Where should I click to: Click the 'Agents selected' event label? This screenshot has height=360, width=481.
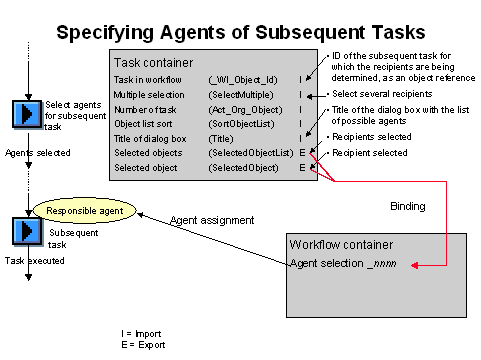pos(31,153)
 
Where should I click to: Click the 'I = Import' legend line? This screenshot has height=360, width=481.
pos(140,332)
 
